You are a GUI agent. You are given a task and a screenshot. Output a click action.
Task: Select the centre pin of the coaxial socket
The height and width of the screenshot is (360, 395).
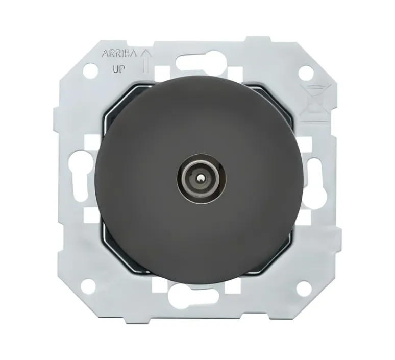tap(197, 179)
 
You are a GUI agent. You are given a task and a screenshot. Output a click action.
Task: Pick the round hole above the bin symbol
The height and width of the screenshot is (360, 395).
tap(304, 72)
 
